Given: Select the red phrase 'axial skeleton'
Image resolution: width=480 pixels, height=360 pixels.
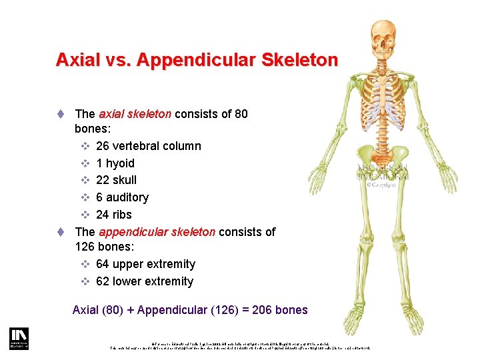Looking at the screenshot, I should (x=135, y=114).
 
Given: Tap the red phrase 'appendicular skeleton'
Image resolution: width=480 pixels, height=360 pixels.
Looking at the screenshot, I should (x=157, y=232).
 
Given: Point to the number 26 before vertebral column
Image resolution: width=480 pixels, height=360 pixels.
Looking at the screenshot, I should (x=103, y=146).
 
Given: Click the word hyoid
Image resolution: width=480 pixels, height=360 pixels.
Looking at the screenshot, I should (x=120, y=163).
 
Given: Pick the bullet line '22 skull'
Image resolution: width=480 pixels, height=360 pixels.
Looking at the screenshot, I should (x=116, y=180).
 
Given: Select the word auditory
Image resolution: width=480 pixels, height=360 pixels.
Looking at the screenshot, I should (x=127, y=197).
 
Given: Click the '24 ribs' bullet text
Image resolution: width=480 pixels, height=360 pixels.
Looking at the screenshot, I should (x=113, y=215).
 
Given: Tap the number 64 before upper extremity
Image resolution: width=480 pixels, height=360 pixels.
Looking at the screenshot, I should (x=103, y=264).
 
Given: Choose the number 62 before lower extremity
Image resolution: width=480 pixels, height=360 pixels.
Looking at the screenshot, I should (x=103, y=281).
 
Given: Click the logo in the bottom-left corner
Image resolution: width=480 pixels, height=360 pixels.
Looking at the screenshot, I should (x=18, y=338).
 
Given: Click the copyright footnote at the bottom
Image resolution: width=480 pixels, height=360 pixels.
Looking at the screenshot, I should (x=240, y=345).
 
